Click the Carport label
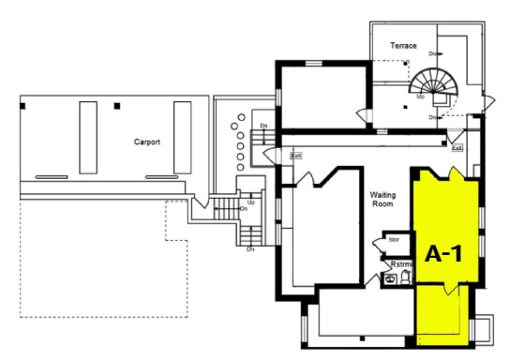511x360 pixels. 146,142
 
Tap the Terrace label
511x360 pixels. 404,45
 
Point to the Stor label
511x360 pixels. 394,240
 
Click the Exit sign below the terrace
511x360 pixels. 457,148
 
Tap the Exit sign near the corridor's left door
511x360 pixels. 296,156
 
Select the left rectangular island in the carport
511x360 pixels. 88,137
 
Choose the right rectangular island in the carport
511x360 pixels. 182,137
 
